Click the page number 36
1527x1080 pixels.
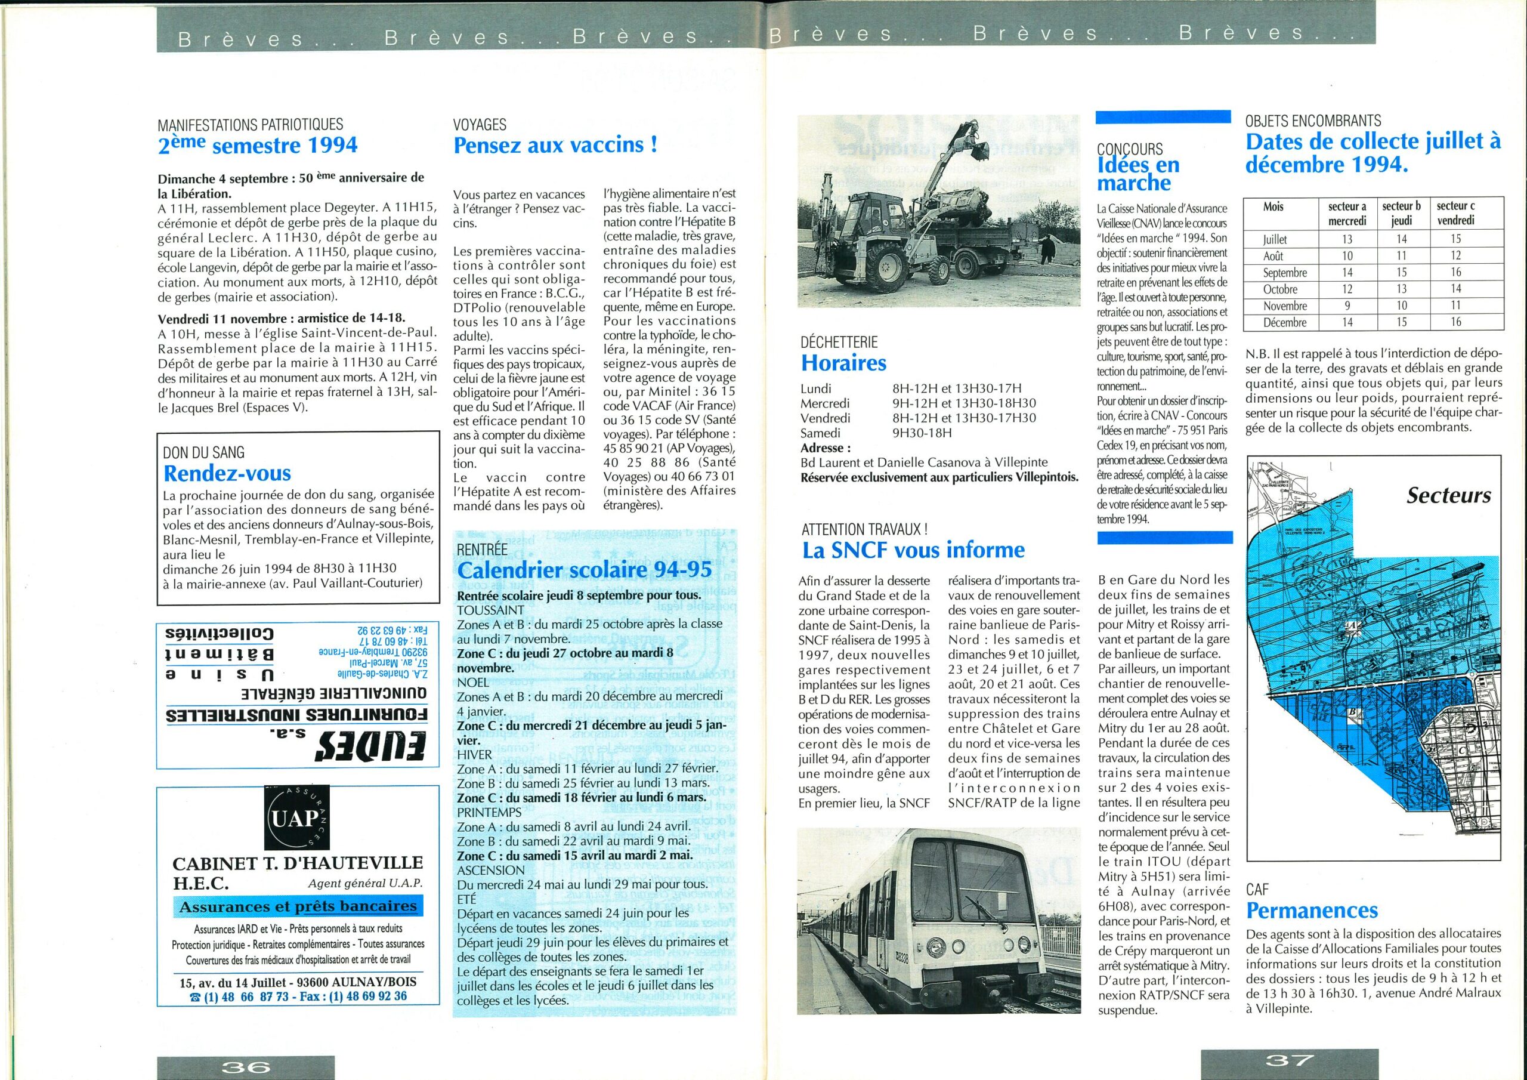(247, 1067)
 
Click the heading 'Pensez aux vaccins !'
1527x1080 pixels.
(555, 145)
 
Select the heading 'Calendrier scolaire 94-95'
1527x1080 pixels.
(585, 570)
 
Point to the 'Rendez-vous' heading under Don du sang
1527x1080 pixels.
(227, 473)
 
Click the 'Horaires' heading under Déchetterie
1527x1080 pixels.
(844, 363)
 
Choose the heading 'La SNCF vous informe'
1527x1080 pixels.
(913, 550)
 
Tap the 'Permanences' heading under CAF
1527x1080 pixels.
(1312, 910)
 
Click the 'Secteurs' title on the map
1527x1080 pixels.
(1448, 495)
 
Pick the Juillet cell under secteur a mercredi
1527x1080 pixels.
(1346, 239)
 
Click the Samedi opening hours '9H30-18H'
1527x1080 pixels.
(922, 433)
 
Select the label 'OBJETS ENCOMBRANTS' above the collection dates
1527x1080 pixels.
(1313, 121)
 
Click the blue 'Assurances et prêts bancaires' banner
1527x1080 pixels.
(298, 906)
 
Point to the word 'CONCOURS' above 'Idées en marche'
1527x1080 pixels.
(1130, 150)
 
